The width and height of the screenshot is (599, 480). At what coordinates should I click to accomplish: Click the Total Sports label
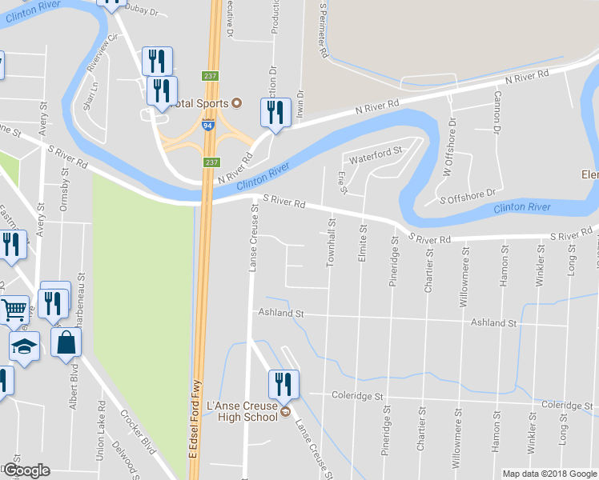(x=196, y=103)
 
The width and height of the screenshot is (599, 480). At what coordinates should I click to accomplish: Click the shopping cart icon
(x=14, y=309)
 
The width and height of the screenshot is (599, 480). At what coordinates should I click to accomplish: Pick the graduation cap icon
(x=24, y=347)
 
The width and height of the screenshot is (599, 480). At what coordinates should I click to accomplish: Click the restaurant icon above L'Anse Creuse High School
(x=283, y=385)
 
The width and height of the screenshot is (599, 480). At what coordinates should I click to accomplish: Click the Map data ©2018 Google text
(x=549, y=474)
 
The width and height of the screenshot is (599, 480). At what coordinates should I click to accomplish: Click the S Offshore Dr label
(x=469, y=194)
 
